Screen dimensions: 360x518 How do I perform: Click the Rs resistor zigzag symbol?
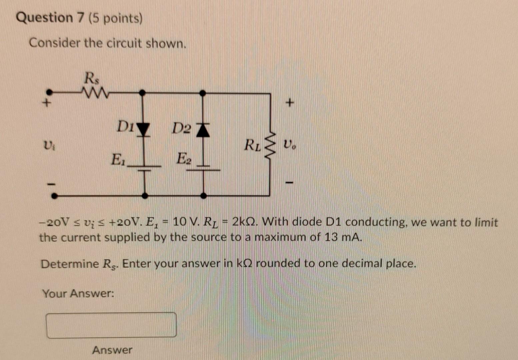tap(95, 93)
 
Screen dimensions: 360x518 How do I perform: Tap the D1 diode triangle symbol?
tap(143, 129)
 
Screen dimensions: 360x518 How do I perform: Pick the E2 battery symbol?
tap(203, 167)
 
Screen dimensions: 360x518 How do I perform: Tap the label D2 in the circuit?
tap(182, 128)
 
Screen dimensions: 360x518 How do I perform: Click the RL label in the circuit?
tap(252, 145)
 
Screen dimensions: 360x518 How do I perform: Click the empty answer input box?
tap(111, 325)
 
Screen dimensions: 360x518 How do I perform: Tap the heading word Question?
tap(44, 18)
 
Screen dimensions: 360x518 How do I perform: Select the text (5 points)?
tap(116, 19)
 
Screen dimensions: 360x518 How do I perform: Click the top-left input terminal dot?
tap(49, 92)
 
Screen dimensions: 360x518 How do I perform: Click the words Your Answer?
tap(78, 294)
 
